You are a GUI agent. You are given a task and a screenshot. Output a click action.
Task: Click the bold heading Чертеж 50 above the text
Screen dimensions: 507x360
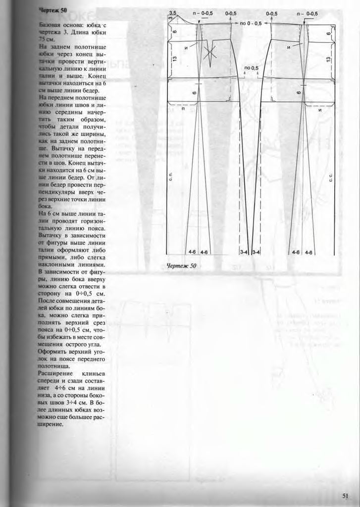52,10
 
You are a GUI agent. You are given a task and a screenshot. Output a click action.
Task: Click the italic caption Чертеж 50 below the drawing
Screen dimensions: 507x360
182,266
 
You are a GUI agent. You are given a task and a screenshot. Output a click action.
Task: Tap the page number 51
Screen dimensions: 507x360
345,495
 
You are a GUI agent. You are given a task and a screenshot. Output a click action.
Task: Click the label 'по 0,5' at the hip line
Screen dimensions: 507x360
252,67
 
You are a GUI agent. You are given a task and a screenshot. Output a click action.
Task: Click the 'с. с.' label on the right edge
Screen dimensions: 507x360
331,176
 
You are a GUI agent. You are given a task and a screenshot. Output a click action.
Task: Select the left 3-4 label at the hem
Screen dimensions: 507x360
245,252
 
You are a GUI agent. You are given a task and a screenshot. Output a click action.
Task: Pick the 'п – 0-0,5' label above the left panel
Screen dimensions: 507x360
204,13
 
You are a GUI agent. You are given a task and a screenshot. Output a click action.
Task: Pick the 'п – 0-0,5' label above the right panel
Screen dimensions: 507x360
311,13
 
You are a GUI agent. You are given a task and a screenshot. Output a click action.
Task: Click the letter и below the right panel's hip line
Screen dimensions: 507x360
320,110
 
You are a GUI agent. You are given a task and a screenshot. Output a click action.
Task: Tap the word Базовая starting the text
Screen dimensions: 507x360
51,24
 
